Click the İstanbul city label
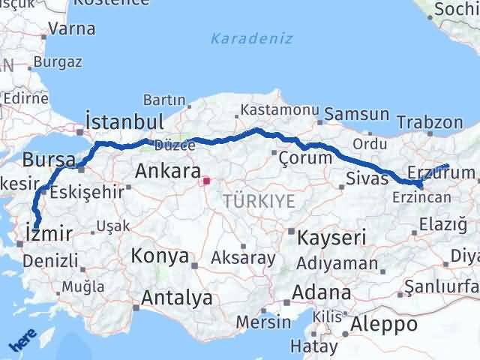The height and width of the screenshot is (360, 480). point(124,121)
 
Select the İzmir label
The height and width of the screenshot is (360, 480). point(49,233)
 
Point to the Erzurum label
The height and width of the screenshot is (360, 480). point(440,173)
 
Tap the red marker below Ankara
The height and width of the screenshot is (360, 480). point(206,181)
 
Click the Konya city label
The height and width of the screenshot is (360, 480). point(159,256)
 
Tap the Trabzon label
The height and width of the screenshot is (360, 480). point(429,121)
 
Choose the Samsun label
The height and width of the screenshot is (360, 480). point(356,115)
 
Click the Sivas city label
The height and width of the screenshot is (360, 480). point(367,178)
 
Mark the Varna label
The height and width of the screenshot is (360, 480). point(71,29)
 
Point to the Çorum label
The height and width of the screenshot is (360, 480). point(304,158)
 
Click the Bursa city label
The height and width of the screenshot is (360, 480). point(48,160)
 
